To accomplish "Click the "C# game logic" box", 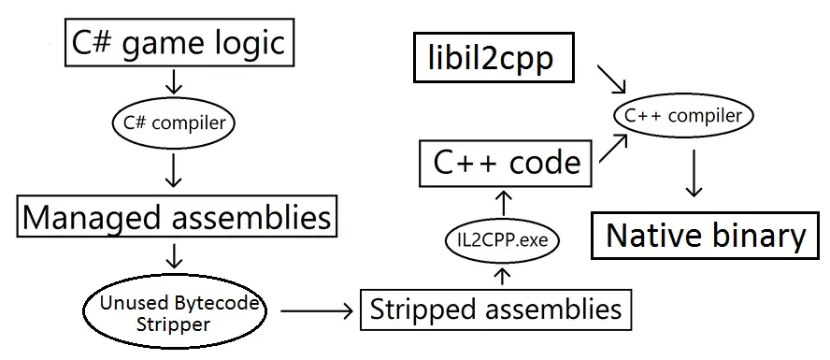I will pos(174,42).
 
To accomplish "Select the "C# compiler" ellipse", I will pos(174,122).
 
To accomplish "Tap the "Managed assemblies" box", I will pos(177,217).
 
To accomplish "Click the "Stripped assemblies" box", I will pos(494,309).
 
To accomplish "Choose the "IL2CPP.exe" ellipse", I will pos(502,240).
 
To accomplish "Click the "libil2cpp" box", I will pos(484,59).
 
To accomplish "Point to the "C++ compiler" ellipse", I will pos(683,116).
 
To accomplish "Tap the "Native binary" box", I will pos(705,235).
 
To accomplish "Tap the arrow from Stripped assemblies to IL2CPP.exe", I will pos(503,275).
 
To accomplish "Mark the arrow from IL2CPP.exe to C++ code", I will pos(503,201).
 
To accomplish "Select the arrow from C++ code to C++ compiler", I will pos(614,150).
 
